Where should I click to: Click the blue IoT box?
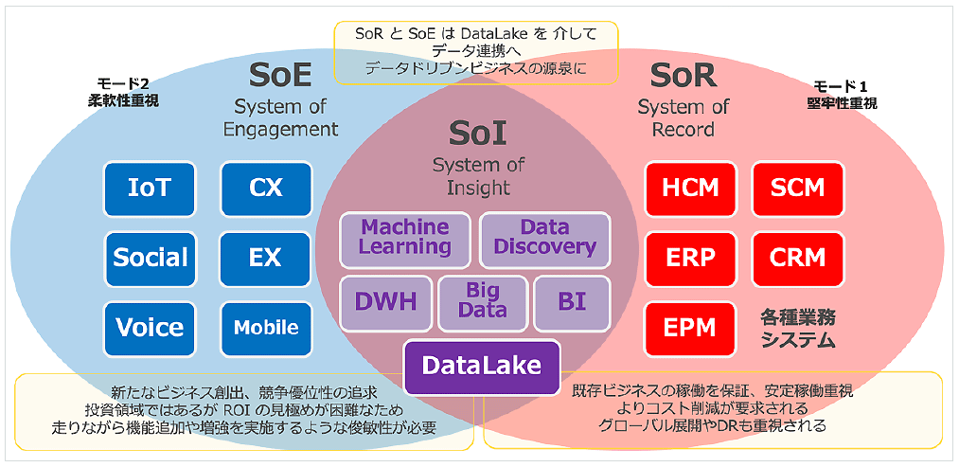coord(150,189)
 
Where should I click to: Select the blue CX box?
coord(266,189)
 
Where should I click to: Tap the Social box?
coord(150,258)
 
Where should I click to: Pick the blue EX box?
coord(266,258)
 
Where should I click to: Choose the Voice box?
coord(150,328)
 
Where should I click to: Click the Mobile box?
coord(266,328)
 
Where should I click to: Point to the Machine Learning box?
coord(405,238)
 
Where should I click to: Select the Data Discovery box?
coord(544,238)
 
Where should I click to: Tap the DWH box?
coord(385,302)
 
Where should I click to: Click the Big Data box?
coord(482,301)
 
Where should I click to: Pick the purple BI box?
coord(572,302)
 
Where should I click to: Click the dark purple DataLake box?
coord(482,367)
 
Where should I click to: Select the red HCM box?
coord(691,189)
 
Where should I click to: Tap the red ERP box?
coord(691,258)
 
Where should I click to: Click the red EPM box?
coord(691,328)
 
